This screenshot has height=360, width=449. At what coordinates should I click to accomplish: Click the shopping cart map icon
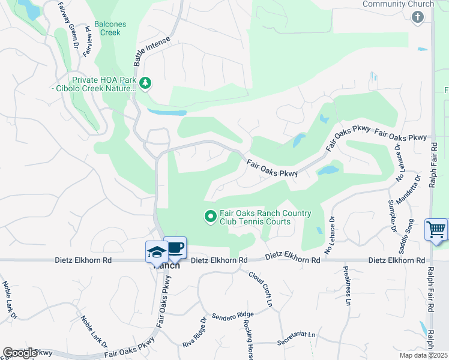pos(436,229)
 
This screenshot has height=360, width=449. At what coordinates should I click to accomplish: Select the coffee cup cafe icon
pos(175,247)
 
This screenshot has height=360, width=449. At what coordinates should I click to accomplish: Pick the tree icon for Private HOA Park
pos(144,82)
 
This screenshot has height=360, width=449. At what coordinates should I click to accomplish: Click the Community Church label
pos(398,4)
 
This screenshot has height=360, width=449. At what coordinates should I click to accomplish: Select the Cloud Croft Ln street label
pos(261,289)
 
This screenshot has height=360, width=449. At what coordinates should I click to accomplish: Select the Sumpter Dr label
pos(393,216)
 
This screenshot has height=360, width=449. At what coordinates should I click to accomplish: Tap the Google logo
pos(20,353)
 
